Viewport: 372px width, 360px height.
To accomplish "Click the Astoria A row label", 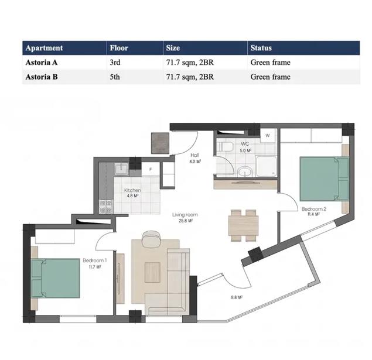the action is (x=42, y=62).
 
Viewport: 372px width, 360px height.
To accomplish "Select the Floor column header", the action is (x=119, y=48).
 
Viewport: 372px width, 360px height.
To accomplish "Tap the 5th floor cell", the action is (x=115, y=77).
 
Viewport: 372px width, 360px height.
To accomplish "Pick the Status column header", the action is (x=261, y=48).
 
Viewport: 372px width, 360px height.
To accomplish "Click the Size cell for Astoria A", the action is (x=190, y=63).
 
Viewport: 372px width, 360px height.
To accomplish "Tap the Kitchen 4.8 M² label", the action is (x=132, y=193).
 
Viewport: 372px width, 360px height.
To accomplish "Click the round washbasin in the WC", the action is (x=245, y=171).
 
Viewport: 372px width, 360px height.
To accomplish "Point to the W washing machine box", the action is (x=267, y=136).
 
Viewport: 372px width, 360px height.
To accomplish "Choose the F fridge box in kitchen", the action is (x=151, y=169).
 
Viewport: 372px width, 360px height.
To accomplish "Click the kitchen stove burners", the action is (x=106, y=207).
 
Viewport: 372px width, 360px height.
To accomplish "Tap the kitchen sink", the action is (x=121, y=169).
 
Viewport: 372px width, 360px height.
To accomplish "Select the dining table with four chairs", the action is (x=244, y=225).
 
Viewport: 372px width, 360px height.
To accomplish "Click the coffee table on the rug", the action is (x=152, y=272).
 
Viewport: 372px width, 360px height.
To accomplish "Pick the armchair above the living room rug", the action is (x=151, y=238).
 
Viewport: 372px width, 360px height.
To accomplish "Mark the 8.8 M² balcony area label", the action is (x=237, y=297).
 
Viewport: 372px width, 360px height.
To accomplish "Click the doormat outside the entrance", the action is (x=160, y=143).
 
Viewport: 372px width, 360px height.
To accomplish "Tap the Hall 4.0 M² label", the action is (x=194, y=158).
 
